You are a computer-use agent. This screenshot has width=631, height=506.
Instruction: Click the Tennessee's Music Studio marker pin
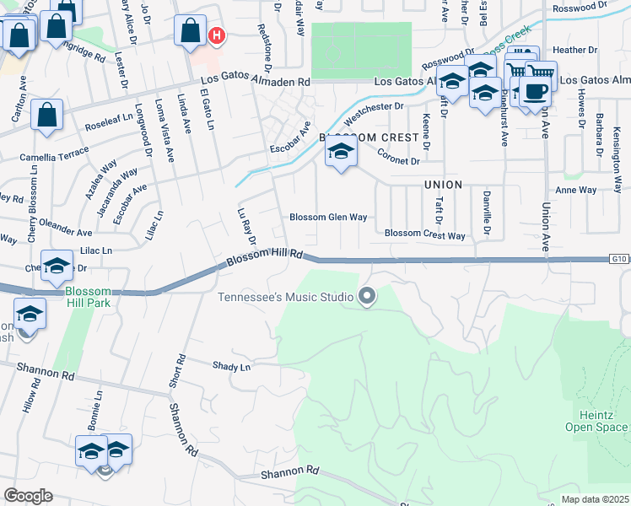(x=366, y=296)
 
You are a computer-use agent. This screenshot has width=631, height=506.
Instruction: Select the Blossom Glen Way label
(x=328, y=217)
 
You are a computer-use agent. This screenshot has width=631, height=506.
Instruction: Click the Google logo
(x=29, y=495)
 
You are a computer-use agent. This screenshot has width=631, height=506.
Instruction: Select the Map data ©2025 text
(x=594, y=499)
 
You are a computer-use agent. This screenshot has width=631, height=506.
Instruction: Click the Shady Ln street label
(x=232, y=367)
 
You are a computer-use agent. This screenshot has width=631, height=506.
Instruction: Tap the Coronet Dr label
(x=397, y=157)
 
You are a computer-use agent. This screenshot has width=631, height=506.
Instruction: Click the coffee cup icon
(x=535, y=92)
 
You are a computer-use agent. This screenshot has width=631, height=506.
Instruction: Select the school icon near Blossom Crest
(x=341, y=153)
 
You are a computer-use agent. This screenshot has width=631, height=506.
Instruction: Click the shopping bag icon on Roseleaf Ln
(x=47, y=115)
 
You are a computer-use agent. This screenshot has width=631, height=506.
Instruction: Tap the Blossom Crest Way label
(x=425, y=235)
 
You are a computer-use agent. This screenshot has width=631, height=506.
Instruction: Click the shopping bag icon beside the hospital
(x=191, y=31)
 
